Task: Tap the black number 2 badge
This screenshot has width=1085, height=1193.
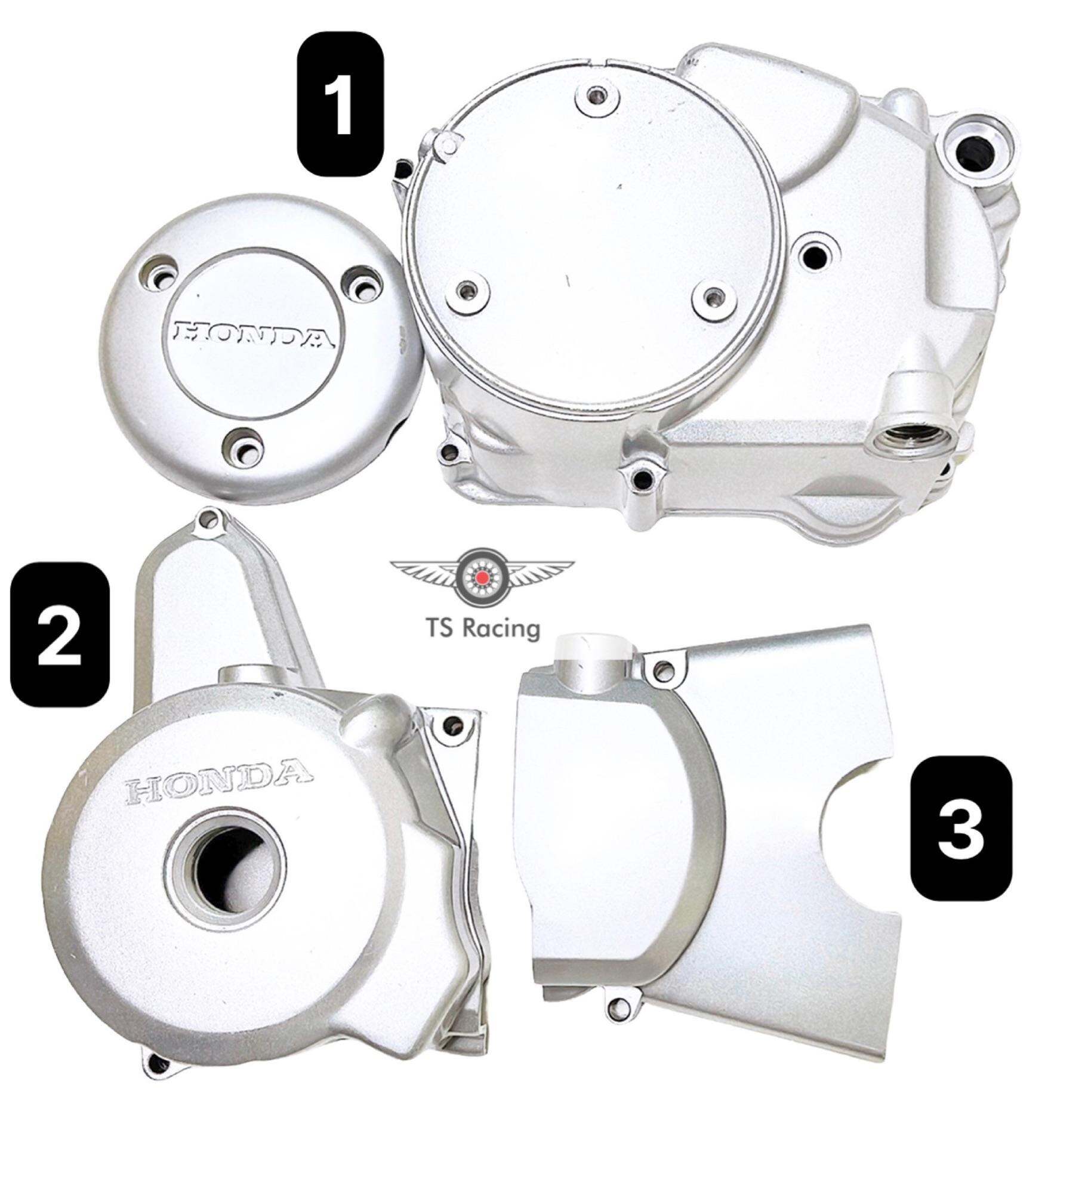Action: tap(60, 636)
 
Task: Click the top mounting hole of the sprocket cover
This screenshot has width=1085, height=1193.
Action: tap(660, 671)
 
